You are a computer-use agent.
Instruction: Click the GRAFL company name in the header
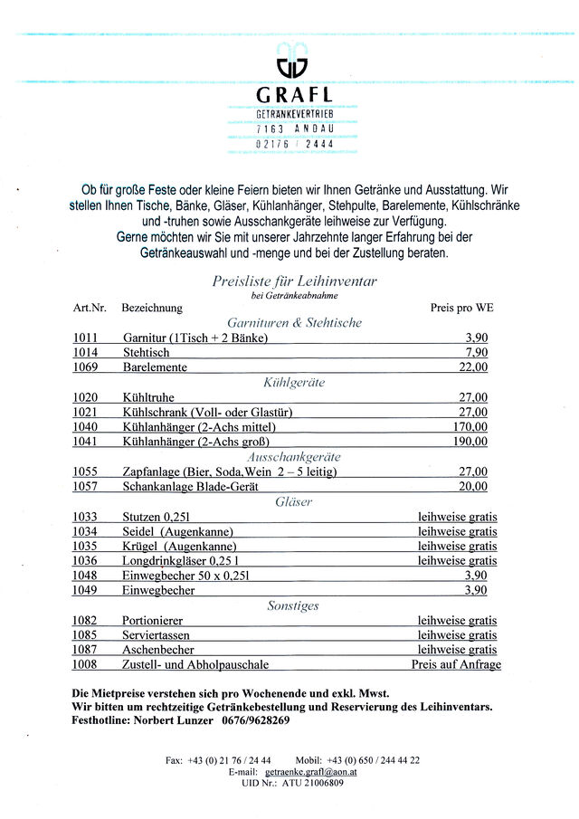[294, 95]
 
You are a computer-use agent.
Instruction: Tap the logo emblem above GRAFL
[292, 62]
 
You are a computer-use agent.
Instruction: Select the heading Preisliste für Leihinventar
[294, 281]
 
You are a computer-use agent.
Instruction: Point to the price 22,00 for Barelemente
[472, 367]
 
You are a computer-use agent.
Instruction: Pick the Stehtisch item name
[146, 353]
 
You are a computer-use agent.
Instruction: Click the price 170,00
[470, 427]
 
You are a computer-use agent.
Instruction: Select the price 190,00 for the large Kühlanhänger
[470, 442]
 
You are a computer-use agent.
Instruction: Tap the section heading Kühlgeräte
[294, 383]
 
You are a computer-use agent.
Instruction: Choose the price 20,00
[472, 486]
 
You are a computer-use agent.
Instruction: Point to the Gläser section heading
[294, 501]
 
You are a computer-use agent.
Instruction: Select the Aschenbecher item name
[158, 650]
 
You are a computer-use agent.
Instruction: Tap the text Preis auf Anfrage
[456, 664]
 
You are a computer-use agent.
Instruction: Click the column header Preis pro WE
[462, 308]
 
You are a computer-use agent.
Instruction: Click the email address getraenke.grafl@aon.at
[311, 772]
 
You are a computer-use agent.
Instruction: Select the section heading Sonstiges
[293, 605]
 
